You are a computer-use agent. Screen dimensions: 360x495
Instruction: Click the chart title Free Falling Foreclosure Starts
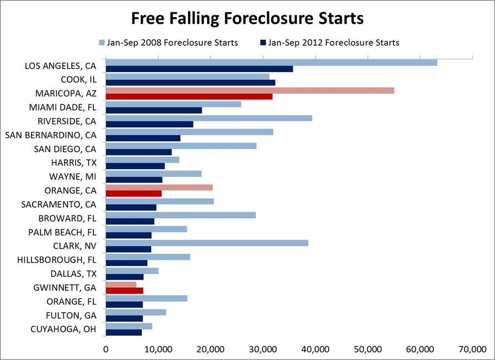click(x=247, y=18)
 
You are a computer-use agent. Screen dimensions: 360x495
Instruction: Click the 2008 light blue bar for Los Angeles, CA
click(x=271, y=63)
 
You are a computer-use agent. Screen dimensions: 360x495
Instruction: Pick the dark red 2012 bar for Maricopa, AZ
click(x=189, y=96)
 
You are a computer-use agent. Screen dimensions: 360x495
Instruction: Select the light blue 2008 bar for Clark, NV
click(x=206, y=243)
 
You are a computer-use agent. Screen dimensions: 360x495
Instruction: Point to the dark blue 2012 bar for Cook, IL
click(x=190, y=83)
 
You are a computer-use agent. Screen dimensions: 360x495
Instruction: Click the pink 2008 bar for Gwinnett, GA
click(x=121, y=284)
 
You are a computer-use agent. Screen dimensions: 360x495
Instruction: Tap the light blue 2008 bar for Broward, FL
click(x=180, y=215)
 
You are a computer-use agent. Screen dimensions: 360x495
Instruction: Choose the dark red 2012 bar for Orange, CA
click(x=133, y=194)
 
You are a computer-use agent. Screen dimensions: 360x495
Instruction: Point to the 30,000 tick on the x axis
click(x=263, y=349)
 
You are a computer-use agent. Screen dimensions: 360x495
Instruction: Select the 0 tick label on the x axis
click(x=105, y=349)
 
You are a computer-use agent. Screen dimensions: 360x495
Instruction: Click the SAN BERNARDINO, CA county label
click(x=51, y=134)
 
